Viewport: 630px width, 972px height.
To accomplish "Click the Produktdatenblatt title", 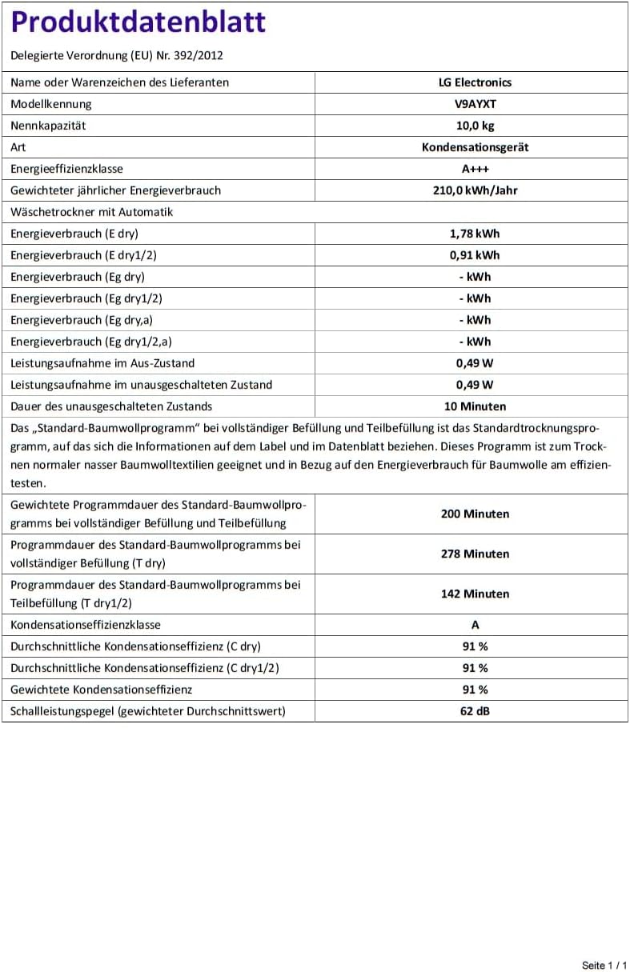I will click(x=138, y=22).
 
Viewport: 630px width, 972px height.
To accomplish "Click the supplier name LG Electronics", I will click(x=475, y=82).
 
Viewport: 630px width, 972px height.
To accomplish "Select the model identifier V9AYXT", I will click(x=475, y=104).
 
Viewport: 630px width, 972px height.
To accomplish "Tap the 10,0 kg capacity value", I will click(x=475, y=126).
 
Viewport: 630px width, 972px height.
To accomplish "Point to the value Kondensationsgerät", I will click(x=475, y=147).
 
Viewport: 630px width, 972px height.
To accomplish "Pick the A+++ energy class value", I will click(x=475, y=169).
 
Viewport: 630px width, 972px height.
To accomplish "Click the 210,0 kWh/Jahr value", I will click(x=475, y=190).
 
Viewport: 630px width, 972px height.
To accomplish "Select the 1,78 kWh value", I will click(x=475, y=234).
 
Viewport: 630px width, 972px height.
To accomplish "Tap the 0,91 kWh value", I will click(x=475, y=255).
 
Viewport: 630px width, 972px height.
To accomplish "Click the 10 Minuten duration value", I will click(x=475, y=406).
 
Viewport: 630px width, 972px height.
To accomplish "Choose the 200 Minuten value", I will click(x=475, y=514).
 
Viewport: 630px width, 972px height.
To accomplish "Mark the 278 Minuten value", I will click(x=475, y=554).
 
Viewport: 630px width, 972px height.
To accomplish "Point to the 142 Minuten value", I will click(x=475, y=594).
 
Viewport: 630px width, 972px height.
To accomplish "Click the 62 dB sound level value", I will click(x=475, y=711).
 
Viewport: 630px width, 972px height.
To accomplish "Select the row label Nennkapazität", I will click(x=48, y=126).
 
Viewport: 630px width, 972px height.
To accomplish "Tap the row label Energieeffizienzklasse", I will click(x=66, y=169).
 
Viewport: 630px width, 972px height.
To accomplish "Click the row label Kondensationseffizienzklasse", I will click(x=86, y=625).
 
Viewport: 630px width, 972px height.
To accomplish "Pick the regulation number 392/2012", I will click(x=199, y=56).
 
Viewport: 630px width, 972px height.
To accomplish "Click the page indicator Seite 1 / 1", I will click(x=604, y=966).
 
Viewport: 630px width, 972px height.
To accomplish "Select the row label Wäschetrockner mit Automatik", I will click(x=91, y=212).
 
